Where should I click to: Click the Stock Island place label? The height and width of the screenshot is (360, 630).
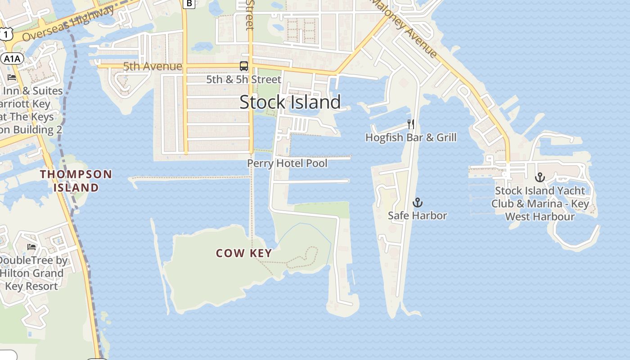point(290,102)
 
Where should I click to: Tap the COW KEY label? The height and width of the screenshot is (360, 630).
point(244,253)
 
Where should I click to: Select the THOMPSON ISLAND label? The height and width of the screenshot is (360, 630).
point(76,181)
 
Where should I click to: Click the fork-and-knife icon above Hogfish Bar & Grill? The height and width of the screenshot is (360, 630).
point(410,124)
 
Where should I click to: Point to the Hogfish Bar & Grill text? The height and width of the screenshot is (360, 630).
point(411,138)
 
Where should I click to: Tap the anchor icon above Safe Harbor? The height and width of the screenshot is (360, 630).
point(418,202)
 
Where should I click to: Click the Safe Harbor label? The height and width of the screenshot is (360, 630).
point(418,216)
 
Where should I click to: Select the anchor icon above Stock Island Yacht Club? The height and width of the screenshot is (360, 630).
point(540,177)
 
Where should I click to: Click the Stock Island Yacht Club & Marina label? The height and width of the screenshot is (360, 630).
point(540,204)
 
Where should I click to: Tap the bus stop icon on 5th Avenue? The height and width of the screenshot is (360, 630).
point(243,66)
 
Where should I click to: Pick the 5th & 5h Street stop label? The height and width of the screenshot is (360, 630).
point(243,80)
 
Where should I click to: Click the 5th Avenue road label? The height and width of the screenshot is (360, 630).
point(153,67)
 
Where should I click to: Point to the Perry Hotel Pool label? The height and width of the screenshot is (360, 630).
point(287,163)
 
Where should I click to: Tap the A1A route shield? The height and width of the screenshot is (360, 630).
point(12,58)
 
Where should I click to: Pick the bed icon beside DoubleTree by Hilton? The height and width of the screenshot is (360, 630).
point(31,247)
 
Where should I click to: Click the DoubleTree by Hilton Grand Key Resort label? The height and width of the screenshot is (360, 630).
point(31,273)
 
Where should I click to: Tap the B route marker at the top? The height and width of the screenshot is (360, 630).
point(189,4)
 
